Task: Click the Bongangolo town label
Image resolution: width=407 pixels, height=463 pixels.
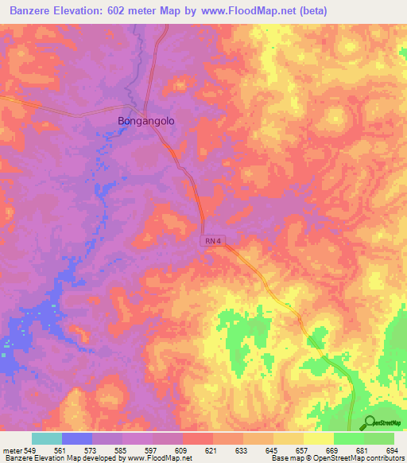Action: pos(145,121)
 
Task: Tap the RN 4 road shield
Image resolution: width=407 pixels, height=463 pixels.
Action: pos(209,241)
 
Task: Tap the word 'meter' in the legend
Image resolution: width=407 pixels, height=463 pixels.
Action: pos(14,451)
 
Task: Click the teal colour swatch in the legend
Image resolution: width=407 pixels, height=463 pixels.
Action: pos(47,438)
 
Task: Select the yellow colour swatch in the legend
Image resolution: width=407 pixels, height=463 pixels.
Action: pos(318,438)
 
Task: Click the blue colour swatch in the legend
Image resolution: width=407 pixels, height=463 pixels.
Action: pos(77,438)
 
